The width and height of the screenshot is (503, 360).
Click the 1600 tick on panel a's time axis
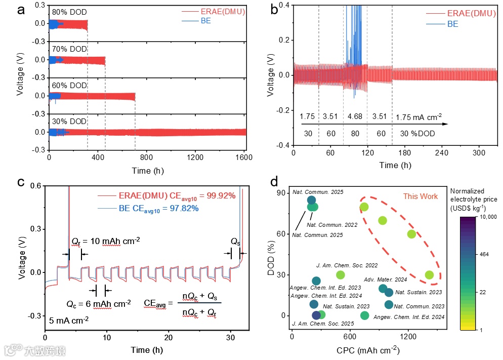coord(244,158)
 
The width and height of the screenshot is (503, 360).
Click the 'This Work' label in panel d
coord(420,196)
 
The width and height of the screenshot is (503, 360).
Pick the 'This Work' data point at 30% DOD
coord(429,275)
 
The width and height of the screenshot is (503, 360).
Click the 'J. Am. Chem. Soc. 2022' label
coord(340,264)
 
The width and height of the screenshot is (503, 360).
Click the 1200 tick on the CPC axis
coord(408,337)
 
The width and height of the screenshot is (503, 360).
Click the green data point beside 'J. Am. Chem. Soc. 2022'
coord(341,275)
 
